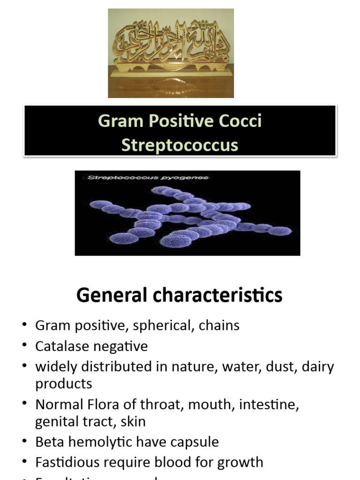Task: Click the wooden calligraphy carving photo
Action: pyautogui.click(x=171, y=53)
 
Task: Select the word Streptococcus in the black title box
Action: pyautogui.click(x=180, y=145)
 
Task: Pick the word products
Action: pyautogui.click(x=64, y=384)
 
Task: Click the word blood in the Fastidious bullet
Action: pyautogui.click(x=179, y=462)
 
